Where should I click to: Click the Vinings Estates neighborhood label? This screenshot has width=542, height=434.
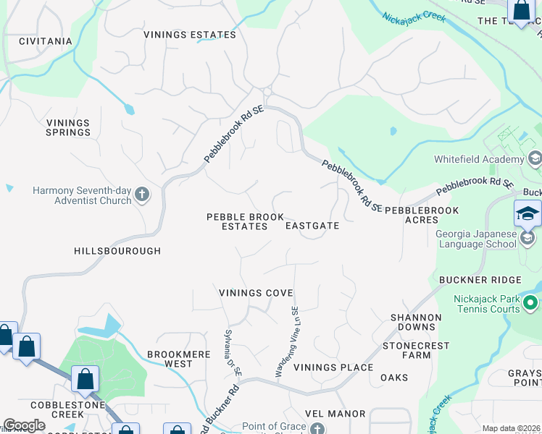point(190,35)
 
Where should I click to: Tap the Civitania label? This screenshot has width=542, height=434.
point(45,41)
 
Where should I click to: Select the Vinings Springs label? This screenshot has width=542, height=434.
point(68,128)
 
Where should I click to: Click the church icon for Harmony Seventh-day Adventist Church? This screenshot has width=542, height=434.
point(142,194)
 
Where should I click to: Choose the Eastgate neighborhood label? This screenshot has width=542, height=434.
point(312,226)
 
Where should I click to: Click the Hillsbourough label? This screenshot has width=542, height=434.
point(117,251)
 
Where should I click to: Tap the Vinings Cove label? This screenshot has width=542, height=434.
point(256,293)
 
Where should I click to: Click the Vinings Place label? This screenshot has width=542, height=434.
point(333,367)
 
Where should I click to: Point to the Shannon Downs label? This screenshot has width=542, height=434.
point(416,322)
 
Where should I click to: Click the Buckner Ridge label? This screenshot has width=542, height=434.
point(480,280)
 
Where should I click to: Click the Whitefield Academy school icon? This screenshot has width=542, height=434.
point(535,158)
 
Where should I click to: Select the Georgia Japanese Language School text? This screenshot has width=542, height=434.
point(476,239)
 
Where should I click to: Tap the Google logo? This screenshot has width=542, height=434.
point(24,425)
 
